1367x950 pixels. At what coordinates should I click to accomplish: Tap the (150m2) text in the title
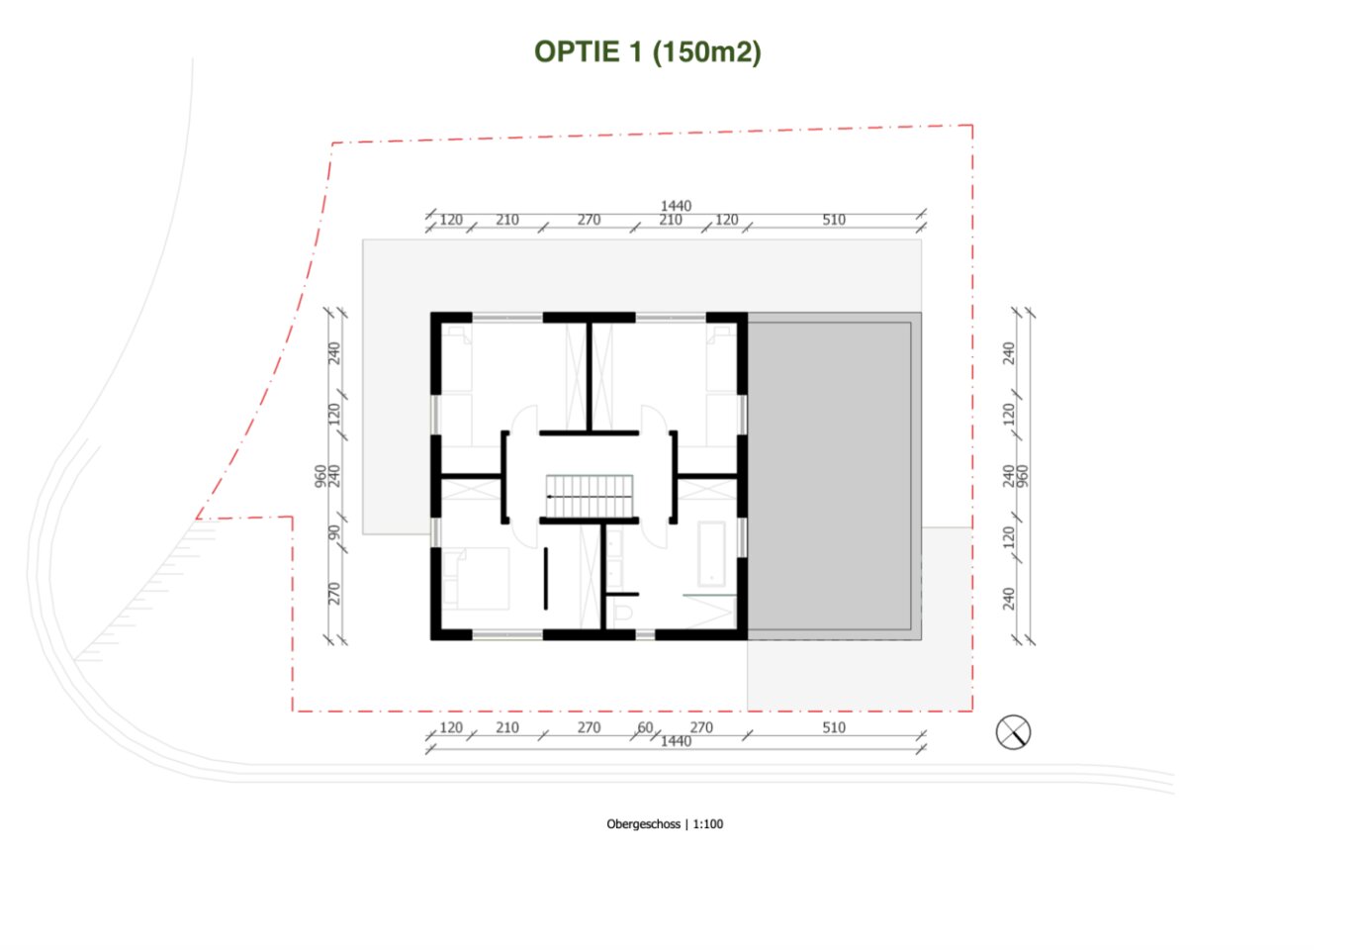pos(706,52)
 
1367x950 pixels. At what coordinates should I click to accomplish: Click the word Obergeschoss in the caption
pos(643,824)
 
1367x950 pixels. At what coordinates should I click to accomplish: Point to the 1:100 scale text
pos(708,824)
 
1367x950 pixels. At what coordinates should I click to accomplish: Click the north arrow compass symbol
pos(1013,732)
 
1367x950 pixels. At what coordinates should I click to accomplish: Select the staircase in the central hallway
pos(589,496)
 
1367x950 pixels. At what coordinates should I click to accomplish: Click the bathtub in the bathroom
pos(711,553)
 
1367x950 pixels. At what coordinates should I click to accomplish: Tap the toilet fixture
pos(621,612)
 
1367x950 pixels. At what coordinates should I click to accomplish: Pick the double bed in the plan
pos(477,578)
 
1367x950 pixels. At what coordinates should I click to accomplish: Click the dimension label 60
pos(645,727)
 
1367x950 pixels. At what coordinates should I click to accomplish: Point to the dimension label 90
pos(333,532)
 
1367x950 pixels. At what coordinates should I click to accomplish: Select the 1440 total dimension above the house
pos(676,206)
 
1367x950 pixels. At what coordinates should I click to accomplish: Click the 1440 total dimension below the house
pos(676,741)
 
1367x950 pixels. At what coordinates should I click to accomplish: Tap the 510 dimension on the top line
pos(834,220)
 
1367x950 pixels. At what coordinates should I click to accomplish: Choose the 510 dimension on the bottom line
pos(834,727)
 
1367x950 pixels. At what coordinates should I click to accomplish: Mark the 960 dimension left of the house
pos(320,476)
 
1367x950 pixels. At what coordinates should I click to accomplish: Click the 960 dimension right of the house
pos(1023,476)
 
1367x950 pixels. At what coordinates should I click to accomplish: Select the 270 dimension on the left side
pos(333,594)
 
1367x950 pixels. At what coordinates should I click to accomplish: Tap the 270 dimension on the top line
pos(589,220)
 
